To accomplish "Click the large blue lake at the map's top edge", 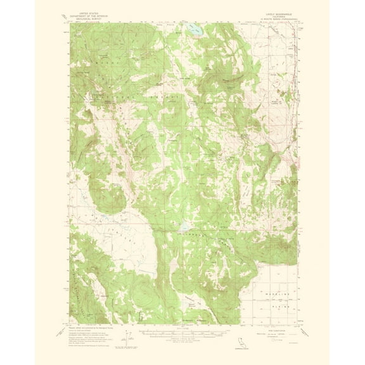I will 193,29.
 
